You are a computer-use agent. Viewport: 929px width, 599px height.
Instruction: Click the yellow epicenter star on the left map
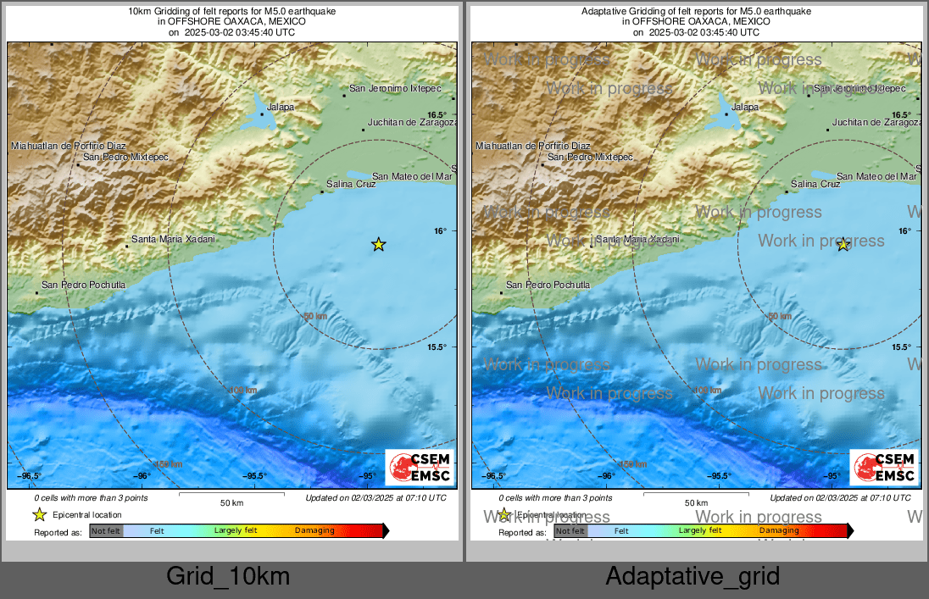[x=379, y=245]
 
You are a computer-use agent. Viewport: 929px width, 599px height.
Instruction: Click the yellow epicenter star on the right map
[x=843, y=245]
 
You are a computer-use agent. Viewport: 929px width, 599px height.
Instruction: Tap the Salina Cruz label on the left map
[x=351, y=184]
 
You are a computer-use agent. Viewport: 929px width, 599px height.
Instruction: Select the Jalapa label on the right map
[x=745, y=108]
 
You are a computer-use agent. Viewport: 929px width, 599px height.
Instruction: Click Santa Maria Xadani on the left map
[x=173, y=240]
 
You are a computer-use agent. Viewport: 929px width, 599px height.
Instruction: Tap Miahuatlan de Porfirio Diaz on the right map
[x=533, y=146]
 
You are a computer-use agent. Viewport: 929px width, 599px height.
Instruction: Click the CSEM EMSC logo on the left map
[x=420, y=468]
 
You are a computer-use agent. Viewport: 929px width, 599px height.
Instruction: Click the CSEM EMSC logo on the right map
[x=884, y=468]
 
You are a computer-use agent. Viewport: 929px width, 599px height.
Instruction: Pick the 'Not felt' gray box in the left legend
[x=106, y=531]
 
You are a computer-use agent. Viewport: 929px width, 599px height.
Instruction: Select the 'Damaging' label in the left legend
[x=314, y=531]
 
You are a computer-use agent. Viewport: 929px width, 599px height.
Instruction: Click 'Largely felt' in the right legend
[x=700, y=531]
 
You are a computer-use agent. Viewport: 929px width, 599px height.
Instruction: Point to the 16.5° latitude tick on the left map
[x=437, y=115]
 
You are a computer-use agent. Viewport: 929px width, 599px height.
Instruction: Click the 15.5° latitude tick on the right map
[x=901, y=347]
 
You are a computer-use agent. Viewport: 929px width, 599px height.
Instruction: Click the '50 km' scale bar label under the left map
[x=231, y=503]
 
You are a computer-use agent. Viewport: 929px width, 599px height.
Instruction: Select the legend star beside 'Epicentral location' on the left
[x=39, y=514]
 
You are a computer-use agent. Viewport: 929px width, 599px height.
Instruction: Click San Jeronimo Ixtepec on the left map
[x=395, y=88]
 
